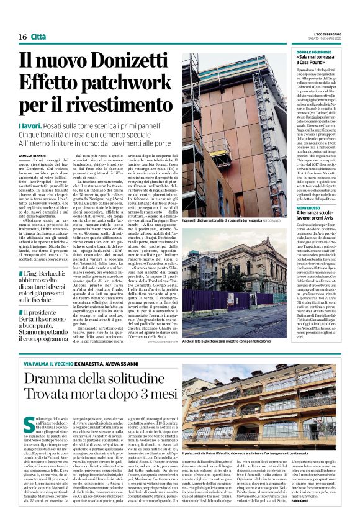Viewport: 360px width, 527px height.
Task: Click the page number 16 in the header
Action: (x=22, y=37)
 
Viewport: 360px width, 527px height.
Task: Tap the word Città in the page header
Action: (x=38, y=37)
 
